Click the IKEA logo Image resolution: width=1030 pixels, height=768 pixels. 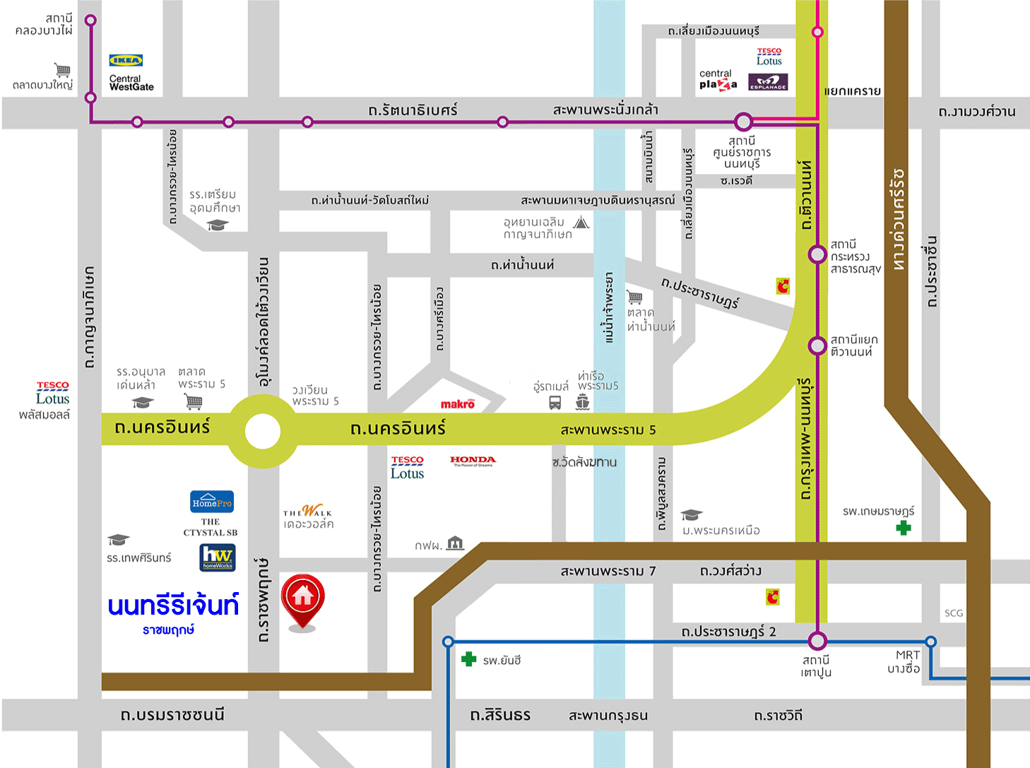(126, 61)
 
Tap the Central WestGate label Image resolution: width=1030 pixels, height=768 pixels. (131, 83)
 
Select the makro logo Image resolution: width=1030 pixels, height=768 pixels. (458, 404)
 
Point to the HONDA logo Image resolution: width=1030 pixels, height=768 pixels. (473, 461)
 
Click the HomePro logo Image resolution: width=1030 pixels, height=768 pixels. (212, 502)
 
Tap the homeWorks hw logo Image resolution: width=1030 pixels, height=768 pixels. (218, 557)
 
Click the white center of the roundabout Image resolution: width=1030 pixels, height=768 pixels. (262, 431)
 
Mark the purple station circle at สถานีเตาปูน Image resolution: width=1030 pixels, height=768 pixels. (817, 641)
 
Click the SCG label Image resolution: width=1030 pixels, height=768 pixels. (954, 613)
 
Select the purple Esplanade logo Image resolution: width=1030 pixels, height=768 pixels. (768, 83)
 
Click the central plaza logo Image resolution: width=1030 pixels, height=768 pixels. (718, 80)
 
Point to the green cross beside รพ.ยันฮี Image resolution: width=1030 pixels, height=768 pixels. (468, 659)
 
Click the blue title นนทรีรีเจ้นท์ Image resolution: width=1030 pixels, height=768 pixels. (173, 605)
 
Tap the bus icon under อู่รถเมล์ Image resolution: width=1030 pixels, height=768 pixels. (555, 403)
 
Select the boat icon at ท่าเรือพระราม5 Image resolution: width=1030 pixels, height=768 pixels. (582, 403)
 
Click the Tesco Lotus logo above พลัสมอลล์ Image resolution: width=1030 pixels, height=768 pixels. (52, 394)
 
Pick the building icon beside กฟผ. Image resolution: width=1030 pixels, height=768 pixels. (456, 543)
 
